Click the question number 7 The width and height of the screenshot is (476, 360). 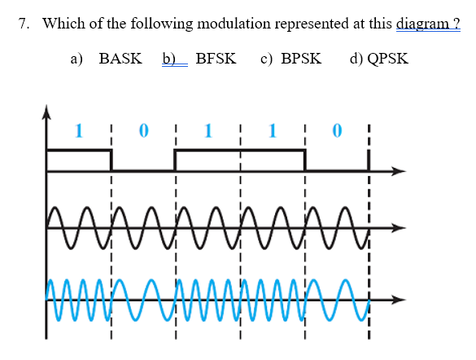coord(24,24)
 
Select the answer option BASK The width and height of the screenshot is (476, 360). coord(120,59)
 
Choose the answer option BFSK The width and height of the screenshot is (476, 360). coord(216,59)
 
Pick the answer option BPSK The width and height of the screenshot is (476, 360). coord(301,59)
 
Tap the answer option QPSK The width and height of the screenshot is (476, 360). coord(389,59)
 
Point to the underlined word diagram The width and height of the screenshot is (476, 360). coord(425,24)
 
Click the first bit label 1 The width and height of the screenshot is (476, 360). coord(78,129)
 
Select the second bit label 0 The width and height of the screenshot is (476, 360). coord(143,129)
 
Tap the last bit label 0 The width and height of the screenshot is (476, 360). coord(337,129)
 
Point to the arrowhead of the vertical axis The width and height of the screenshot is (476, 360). coord(46,111)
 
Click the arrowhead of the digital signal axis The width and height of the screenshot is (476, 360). coord(399,171)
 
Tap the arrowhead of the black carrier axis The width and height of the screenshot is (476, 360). coord(399,227)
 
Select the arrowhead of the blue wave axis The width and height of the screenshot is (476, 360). coord(399,299)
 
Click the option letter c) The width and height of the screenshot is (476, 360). coord(266,59)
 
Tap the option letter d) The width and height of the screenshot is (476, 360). coord(356,59)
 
